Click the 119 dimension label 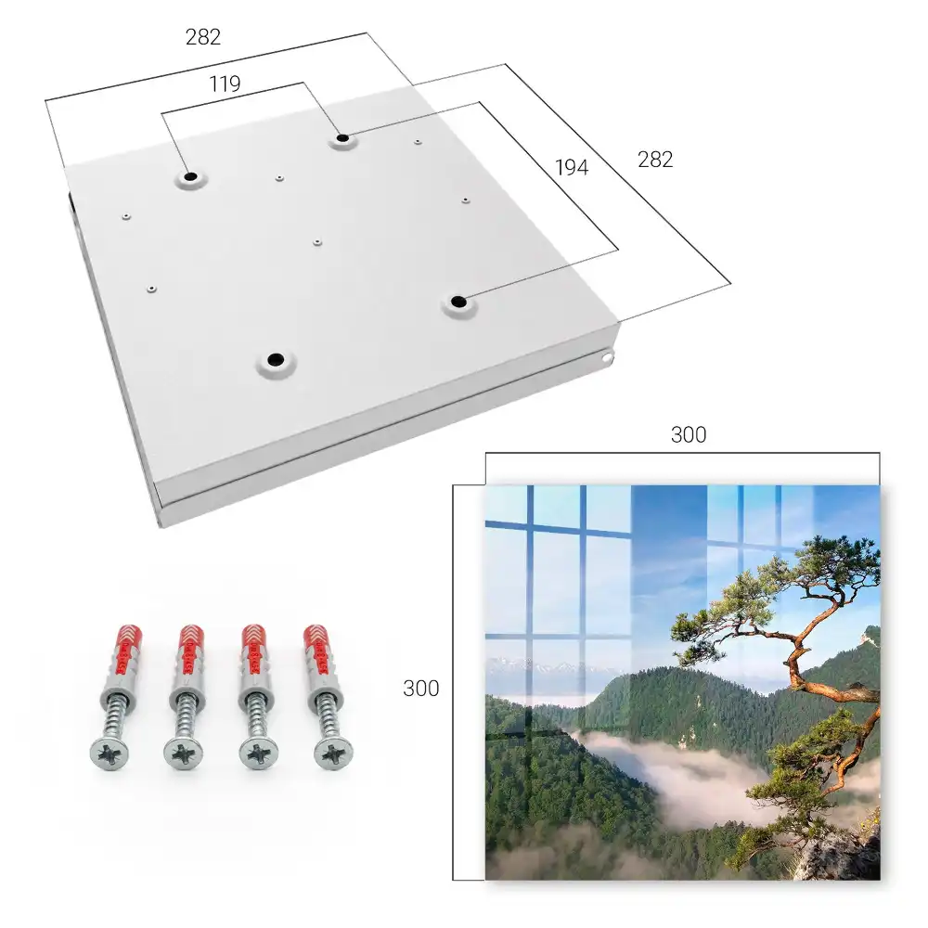tap(225, 84)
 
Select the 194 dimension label tap(572, 168)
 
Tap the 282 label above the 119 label tap(203, 37)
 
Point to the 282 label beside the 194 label tap(655, 160)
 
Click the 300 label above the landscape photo tap(689, 435)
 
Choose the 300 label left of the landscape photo tap(420, 689)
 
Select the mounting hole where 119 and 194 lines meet tap(342, 139)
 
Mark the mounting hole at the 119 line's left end tap(190, 177)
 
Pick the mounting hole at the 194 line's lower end tap(458, 303)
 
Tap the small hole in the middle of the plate tap(317, 242)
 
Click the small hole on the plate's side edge tap(608, 357)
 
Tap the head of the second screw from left tap(183, 754)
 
